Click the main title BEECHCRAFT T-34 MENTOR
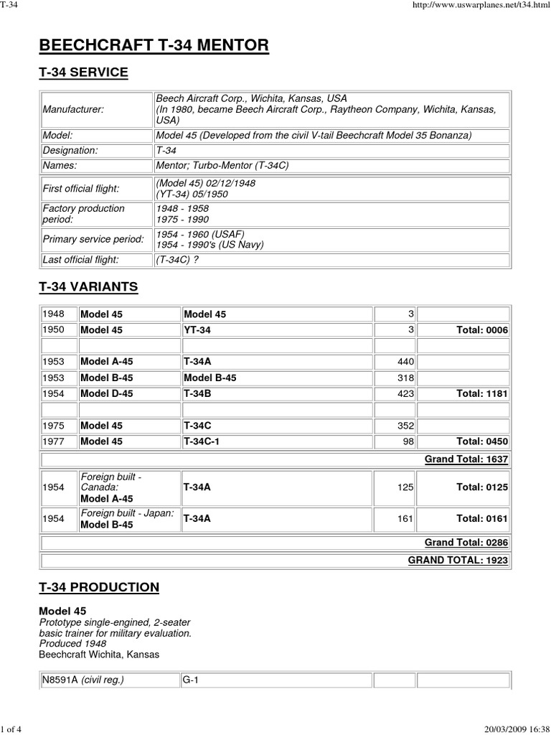click(x=154, y=46)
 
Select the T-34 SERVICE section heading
click(x=83, y=72)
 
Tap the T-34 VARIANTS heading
click(x=88, y=287)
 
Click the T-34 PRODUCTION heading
click(x=99, y=587)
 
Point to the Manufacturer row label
click(x=72, y=109)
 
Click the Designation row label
click(x=70, y=150)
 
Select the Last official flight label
click(x=80, y=260)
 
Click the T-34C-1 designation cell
click(x=202, y=441)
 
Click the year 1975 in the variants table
click(x=54, y=426)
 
